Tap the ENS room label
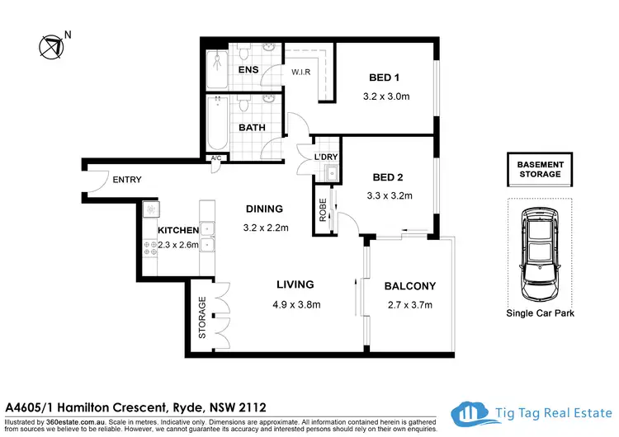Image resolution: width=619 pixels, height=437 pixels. coord(248,69)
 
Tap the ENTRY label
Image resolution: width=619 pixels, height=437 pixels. coord(127,180)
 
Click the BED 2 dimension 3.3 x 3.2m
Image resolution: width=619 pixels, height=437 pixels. coord(388,196)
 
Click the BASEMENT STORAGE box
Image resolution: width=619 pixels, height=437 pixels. coord(539,169)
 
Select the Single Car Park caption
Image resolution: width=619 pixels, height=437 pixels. coord(539,313)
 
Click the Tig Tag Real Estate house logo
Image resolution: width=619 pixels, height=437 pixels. coord(470,414)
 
